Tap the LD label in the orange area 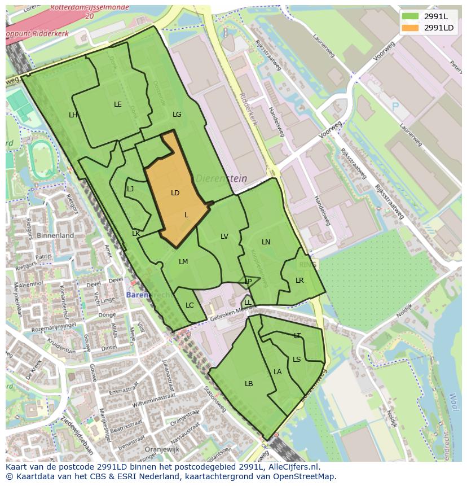click(175, 193)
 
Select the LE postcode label click(118, 104)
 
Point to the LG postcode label click(177, 115)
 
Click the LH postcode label click(73, 115)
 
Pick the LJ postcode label click(130, 189)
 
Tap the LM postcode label click(183, 262)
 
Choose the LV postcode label click(224, 237)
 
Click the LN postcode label click(266, 242)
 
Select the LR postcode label click(299, 281)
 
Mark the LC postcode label click(190, 305)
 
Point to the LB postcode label click(249, 384)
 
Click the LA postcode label click(277, 372)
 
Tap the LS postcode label click(297, 360)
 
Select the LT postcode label click(297, 336)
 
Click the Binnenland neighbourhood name click(55, 235)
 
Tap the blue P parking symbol click(395, 107)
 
